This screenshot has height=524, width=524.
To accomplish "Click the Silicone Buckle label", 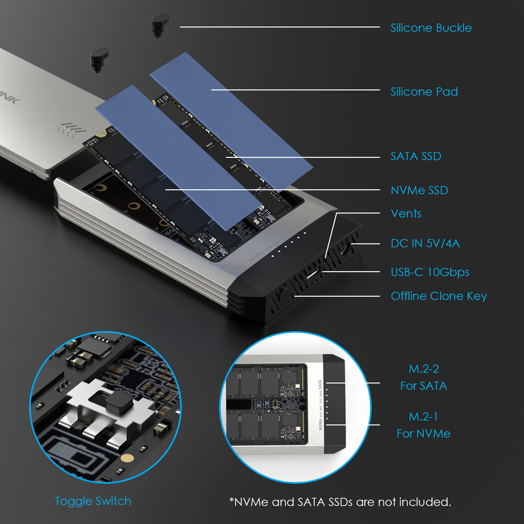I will [x=431, y=28].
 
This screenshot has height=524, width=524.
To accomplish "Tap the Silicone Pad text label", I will [x=424, y=92].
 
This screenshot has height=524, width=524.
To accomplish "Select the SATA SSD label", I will [x=416, y=156].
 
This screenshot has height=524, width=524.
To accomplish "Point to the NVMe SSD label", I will [x=419, y=190].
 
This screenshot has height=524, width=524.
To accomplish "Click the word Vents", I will [x=406, y=214].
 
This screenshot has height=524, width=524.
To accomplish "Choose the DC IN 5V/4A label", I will [x=425, y=243].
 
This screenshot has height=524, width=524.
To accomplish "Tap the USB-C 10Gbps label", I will [x=430, y=272].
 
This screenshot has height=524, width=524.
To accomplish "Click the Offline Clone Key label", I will [x=439, y=296].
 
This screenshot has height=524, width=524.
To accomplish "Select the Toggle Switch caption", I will [x=93, y=501].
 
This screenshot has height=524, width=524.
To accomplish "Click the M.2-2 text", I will [x=424, y=369].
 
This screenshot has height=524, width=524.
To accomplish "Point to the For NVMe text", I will [x=423, y=434].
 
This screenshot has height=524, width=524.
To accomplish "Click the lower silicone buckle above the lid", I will [x=99, y=59].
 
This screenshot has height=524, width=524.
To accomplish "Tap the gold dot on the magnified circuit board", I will [x=127, y=458].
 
